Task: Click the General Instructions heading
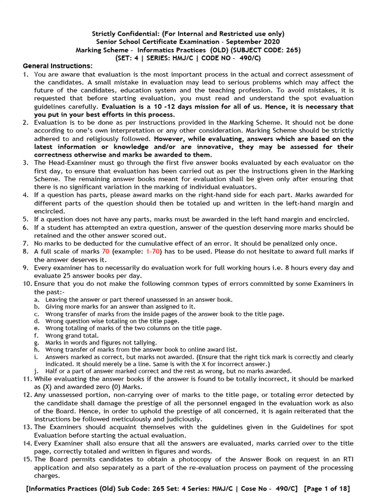point(57,66)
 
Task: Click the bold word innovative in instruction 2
point(261,146)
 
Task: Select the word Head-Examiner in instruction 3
point(73,163)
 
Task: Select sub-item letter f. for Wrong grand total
point(37,335)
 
